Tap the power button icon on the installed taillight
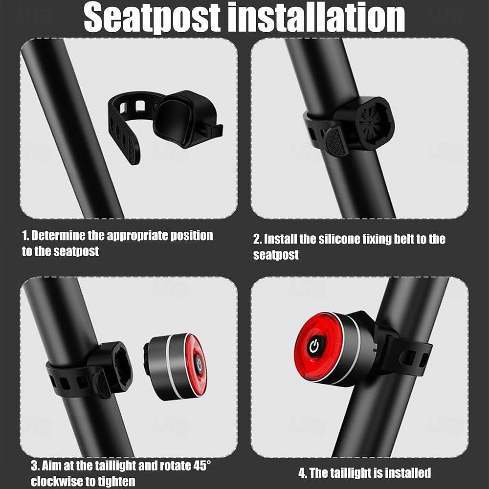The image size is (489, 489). tap(313, 346)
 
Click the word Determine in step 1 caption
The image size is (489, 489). tap(58, 236)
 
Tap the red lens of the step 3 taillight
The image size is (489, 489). tap(197, 364)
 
